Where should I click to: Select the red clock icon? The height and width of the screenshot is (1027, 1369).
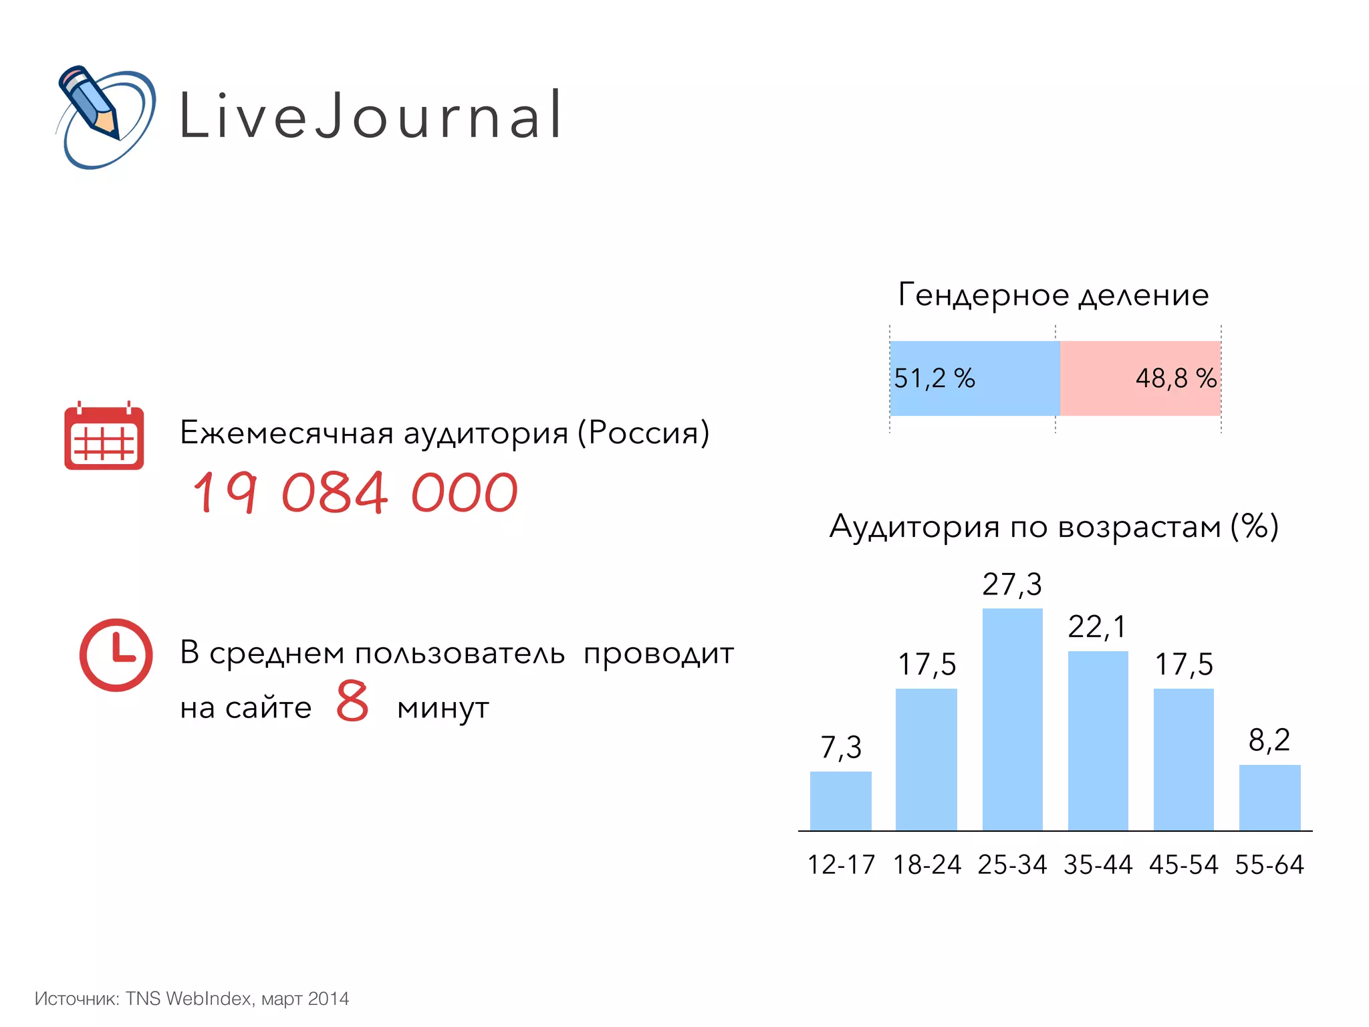[116, 655]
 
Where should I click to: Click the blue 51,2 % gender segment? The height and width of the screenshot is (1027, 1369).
[974, 378]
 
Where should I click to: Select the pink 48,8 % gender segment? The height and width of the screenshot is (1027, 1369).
[1140, 378]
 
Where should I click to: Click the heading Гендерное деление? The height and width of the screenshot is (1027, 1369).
[1053, 295]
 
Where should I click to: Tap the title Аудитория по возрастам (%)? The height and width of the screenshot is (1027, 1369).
[1053, 526]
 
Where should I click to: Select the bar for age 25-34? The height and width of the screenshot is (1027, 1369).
[1012, 719]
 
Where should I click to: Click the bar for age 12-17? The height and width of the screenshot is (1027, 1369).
[840, 801]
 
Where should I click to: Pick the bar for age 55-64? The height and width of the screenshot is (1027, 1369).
[1269, 798]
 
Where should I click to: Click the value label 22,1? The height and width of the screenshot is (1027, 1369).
[1097, 627]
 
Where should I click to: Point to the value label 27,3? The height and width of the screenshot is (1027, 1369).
[1011, 584]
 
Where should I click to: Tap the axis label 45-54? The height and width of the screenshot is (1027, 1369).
[1183, 865]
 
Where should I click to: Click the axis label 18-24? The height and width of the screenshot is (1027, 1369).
[926, 865]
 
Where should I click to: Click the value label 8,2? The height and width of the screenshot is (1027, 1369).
[1269, 740]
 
